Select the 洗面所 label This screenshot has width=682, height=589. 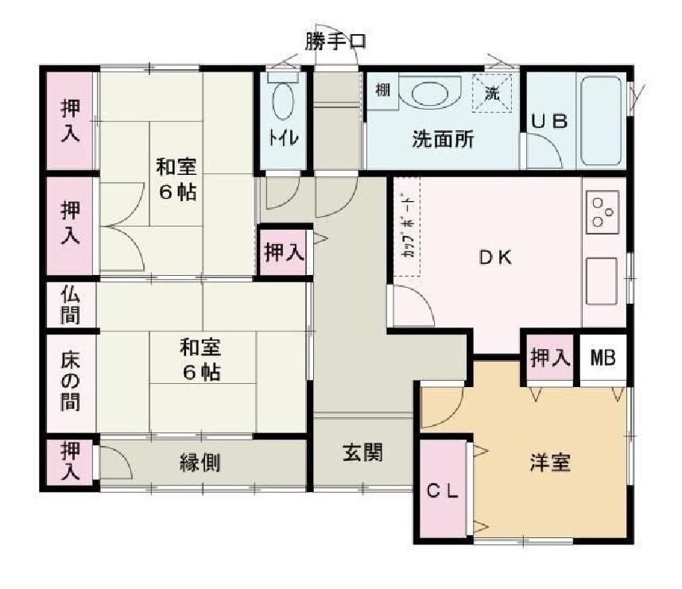pyautogui.click(x=442, y=140)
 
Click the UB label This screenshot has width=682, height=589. pyautogui.click(x=550, y=122)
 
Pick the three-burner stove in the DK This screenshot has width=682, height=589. pyautogui.click(x=603, y=208)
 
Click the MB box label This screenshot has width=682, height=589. pyautogui.click(x=603, y=358)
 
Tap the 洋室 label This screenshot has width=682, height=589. pyautogui.click(x=549, y=462)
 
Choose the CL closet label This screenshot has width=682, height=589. pyautogui.click(x=444, y=491)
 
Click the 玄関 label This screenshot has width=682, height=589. pyautogui.click(x=363, y=452)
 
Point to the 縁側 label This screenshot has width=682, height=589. pyautogui.click(x=200, y=462)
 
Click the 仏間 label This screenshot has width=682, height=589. pyautogui.click(x=71, y=304)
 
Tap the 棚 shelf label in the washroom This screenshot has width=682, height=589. pyautogui.click(x=382, y=91)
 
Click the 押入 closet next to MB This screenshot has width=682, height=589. pyautogui.click(x=549, y=358)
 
